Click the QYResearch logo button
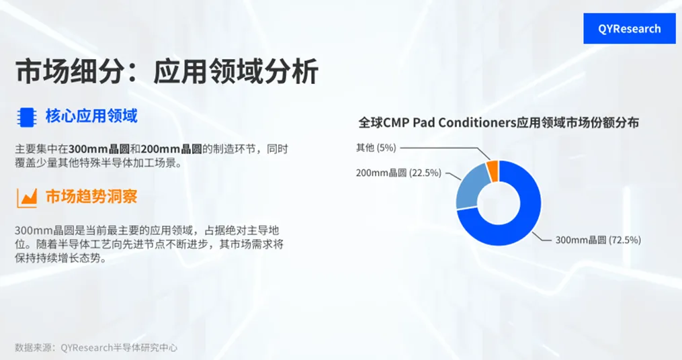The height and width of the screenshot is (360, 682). (x=629, y=29)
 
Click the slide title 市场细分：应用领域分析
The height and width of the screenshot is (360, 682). (x=167, y=71)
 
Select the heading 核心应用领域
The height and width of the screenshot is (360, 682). (x=91, y=116)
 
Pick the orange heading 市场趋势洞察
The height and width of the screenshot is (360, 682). (x=91, y=197)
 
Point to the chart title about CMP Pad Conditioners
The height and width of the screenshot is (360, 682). (x=498, y=123)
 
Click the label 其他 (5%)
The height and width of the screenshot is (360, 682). (x=376, y=147)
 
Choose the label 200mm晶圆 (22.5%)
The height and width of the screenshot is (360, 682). (x=398, y=173)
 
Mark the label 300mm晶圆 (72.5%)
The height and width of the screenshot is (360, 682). (x=597, y=239)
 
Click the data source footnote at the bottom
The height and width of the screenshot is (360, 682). (x=96, y=347)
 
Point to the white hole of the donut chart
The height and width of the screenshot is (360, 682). (x=498, y=202)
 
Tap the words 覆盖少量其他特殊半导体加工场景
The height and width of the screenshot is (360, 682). (x=98, y=163)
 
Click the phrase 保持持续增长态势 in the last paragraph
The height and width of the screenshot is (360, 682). (x=60, y=259)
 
